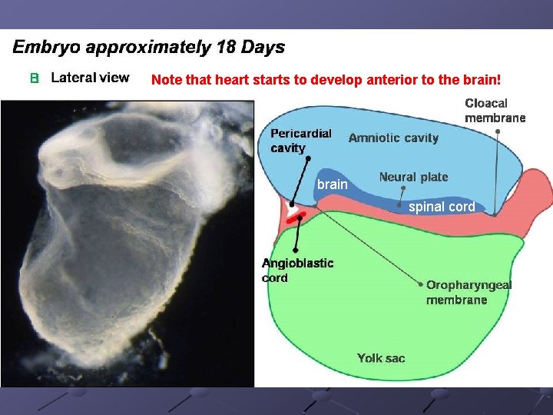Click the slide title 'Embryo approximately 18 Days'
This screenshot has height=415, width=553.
[x=148, y=47]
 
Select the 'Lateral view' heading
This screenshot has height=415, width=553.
[x=90, y=78]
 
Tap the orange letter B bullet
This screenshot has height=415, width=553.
[x=34, y=78]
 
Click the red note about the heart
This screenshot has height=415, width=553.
[x=326, y=79]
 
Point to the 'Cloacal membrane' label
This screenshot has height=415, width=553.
[x=495, y=110]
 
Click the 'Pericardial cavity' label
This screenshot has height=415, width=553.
[x=300, y=140]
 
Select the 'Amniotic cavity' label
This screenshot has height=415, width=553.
[x=393, y=138]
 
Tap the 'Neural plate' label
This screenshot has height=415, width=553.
[x=413, y=177]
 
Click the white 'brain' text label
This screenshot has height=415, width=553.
[x=333, y=184]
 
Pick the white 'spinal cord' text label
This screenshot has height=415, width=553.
[x=442, y=207]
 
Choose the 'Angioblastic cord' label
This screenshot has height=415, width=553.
[x=297, y=270]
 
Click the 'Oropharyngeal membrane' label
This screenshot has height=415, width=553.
[x=469, y=292]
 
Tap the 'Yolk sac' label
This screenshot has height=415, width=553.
[x=381, y=358]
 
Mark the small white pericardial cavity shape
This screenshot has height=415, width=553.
[x=290, y=207]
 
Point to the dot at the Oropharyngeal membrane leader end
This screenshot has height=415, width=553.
[x=421, y=284]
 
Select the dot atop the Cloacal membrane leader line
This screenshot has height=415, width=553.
[x=497, y=131]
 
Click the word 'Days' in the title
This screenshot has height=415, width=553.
[x=261, y=47]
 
